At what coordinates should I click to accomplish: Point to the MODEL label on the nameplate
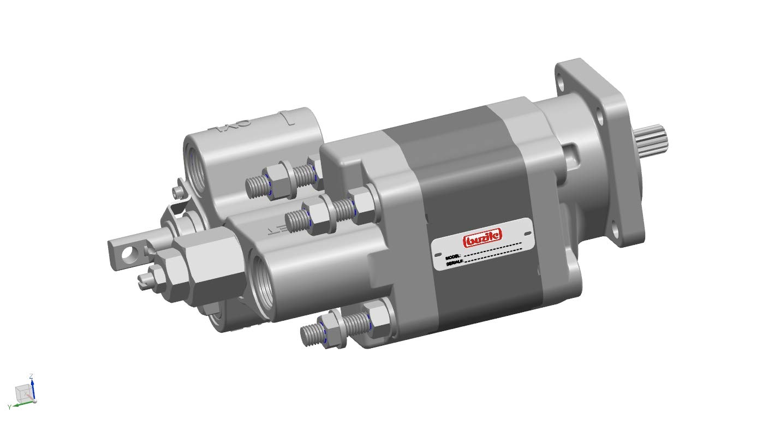453,256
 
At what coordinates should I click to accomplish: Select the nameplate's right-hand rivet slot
527,232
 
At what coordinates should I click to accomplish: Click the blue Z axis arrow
33,387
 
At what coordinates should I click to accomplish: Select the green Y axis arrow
20,404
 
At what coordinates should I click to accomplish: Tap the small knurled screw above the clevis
176,191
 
